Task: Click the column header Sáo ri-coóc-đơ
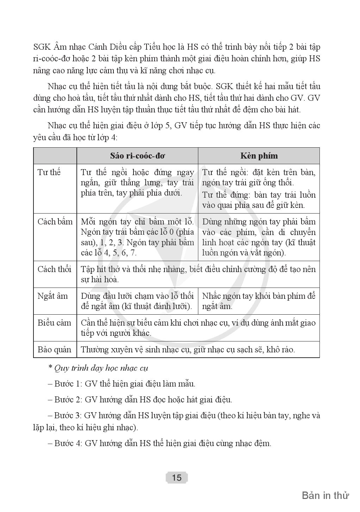137,156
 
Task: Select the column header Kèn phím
259,156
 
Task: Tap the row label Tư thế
49,172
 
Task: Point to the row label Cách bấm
55,222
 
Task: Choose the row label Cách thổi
54,269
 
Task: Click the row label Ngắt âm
52,296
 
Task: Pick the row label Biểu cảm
54,323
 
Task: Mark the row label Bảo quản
54,350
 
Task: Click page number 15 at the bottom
177,477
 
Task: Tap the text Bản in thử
325,495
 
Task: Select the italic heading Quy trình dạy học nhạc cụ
101,368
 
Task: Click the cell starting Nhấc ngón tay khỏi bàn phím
259,301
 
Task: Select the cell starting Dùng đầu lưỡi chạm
137,301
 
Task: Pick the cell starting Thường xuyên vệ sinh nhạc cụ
188,350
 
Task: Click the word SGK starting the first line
42,47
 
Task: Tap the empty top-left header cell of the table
55,156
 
